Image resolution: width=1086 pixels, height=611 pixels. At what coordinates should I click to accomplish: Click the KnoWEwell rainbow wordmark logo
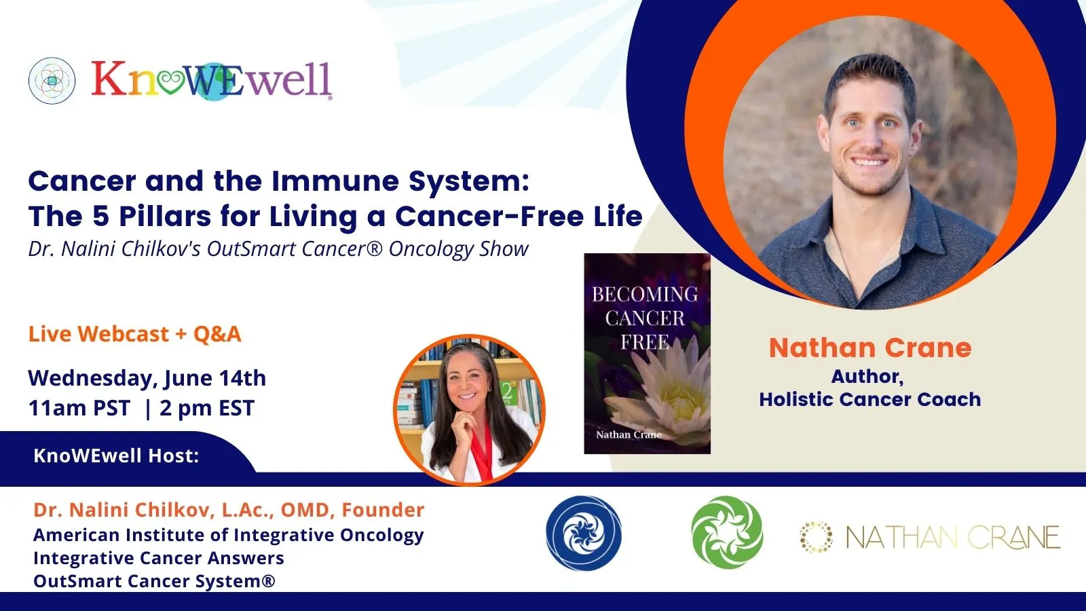[212, 81]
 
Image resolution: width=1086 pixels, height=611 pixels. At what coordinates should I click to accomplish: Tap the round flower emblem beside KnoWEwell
[52, 81]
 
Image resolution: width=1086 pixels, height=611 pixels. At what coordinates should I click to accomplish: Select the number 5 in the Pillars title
[100, 217]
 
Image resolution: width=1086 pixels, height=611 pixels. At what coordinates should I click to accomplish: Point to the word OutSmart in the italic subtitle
[252, 248]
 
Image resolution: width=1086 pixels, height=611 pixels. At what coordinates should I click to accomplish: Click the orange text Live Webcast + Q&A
[135, 333]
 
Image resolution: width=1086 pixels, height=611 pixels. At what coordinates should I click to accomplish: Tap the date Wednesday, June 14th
[147, 378]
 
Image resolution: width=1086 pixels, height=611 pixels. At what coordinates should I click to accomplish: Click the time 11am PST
[79, 408]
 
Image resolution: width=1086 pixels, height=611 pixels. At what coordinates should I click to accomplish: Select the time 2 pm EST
[207, 408]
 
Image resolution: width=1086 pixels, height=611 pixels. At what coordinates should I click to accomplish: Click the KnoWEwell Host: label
[116, 456]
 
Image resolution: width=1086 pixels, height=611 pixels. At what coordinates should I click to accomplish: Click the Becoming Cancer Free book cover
[648, 354]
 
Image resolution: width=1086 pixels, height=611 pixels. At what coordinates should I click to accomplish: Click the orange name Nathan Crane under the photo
[870, 348]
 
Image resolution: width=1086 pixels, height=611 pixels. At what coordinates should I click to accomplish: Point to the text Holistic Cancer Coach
[870, 400]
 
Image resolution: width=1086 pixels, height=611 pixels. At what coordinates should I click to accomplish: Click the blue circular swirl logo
[584, 534]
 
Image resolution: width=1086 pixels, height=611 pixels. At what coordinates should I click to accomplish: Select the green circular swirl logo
[727, 532]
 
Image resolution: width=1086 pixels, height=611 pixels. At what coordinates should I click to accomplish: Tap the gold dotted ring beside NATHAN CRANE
[817, 537]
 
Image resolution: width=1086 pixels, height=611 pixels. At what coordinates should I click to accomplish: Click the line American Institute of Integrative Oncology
[228, 535]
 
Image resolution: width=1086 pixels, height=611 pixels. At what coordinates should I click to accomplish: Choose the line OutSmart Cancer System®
[154, 581]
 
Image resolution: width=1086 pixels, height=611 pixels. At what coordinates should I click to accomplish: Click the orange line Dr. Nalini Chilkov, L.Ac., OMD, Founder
[229, 510]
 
